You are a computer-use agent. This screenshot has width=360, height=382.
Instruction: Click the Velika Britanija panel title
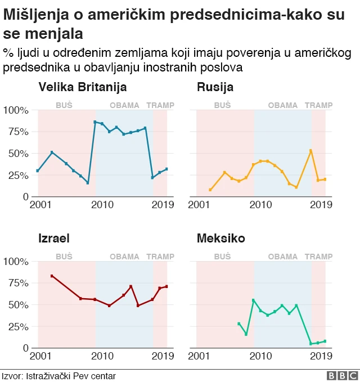pos(82,87)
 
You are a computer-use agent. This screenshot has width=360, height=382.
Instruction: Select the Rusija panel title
pos(215,87)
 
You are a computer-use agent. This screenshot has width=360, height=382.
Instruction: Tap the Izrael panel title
pos(54,239)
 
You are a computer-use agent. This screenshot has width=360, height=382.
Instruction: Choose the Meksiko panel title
pos(220,239)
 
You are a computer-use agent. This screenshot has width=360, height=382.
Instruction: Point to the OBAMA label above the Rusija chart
pos(282,105)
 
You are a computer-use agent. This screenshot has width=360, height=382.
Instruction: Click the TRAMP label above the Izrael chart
pos(160,257)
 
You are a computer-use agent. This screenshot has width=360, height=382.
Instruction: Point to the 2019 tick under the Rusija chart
pos(321,204)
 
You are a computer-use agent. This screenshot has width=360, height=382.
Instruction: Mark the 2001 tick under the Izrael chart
pos(39,356)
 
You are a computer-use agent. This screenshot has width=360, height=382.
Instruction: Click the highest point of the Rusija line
pos(310,151)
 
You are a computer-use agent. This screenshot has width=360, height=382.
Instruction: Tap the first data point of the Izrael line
pos(52,276)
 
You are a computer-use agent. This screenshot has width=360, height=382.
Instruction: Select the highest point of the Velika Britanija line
pos(95,122)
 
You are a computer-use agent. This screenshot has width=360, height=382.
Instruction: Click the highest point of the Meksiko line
pos(253,300)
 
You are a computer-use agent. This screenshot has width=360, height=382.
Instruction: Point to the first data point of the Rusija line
pos(210,190)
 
